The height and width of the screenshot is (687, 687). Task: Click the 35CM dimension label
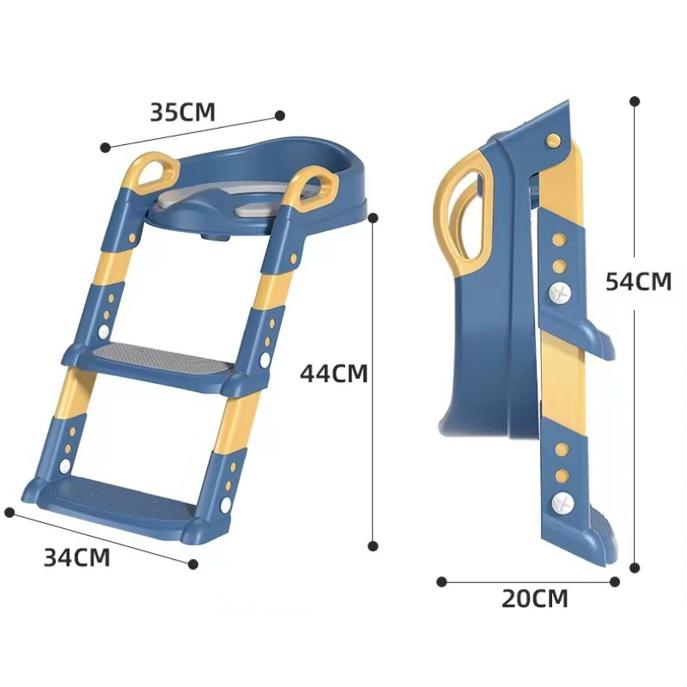183,112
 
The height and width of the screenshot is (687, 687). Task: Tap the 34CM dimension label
77,557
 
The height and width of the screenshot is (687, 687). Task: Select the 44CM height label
334,374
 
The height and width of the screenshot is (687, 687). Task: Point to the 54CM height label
638,282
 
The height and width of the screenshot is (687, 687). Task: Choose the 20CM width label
534,599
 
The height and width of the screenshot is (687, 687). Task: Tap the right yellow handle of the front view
312,185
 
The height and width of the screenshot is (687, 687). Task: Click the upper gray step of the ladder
155,357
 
